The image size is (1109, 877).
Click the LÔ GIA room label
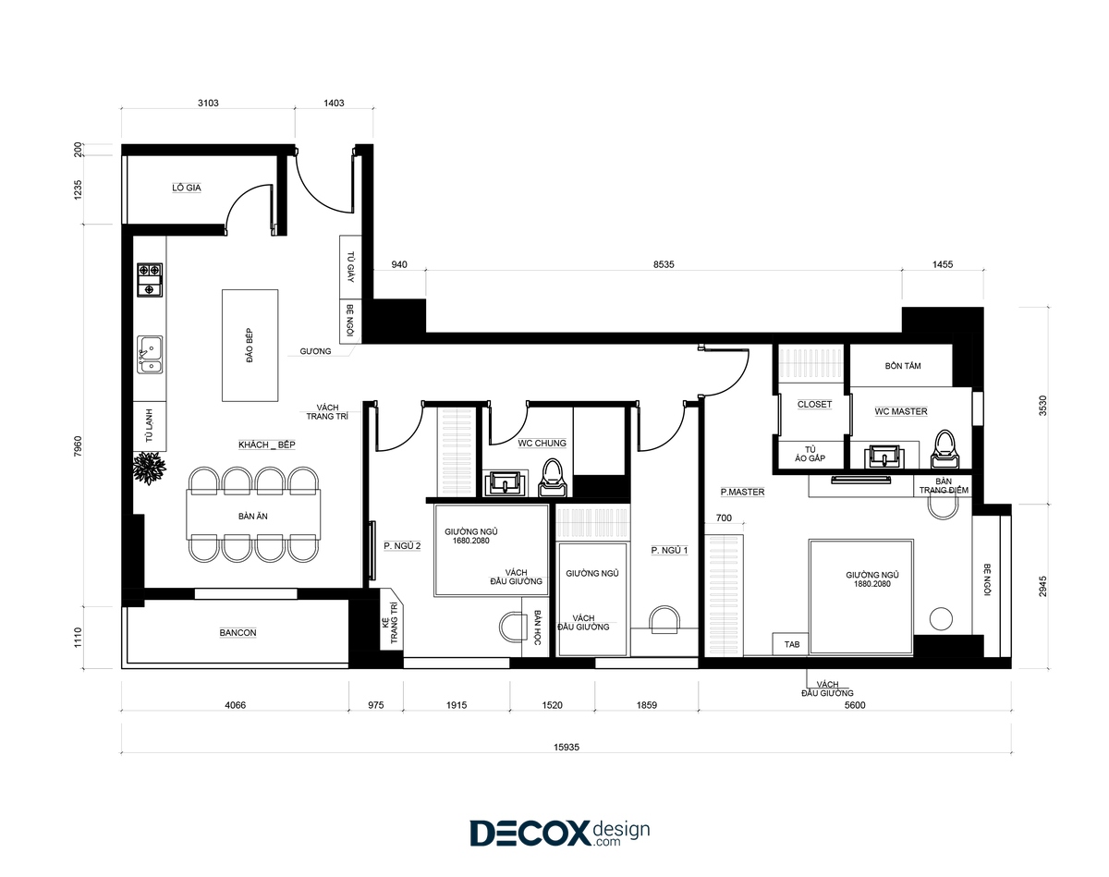pyautogui.click(x=187, y=189)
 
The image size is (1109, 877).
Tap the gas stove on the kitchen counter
pyautogui.click(x=150, y=280)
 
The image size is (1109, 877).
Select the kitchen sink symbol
pyautogui.click(x=150, y=355)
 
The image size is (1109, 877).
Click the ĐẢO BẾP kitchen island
pyautogui.click(x=250, y=346)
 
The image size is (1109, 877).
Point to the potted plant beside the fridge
pyautogui.click(x=150, y=468)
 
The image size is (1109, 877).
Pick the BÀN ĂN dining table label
pyautogui.click(x=253, y=516)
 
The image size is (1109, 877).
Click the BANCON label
pyautogui.click(x=238, y=632)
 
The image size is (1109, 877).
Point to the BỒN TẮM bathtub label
pyautogui.click(x=903, y=366)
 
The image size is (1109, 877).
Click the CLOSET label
pyautogui.click(x=814, y=405)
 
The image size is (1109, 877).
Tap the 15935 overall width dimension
pyautogui.click(x=567, y=747)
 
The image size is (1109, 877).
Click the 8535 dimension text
pyautogui.click(x=664, y=264)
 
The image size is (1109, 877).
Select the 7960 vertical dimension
pyautogui.click(x=78, y=446)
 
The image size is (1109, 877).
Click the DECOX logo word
pyautogui.click(x=530, y=833)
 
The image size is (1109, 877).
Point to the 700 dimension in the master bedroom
pyautogui.click(x=724, y=518)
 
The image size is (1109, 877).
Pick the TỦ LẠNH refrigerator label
pyautogui.click(x=150, y=426)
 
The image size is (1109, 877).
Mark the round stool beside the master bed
pyautogui.click(x=941, y=619)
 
